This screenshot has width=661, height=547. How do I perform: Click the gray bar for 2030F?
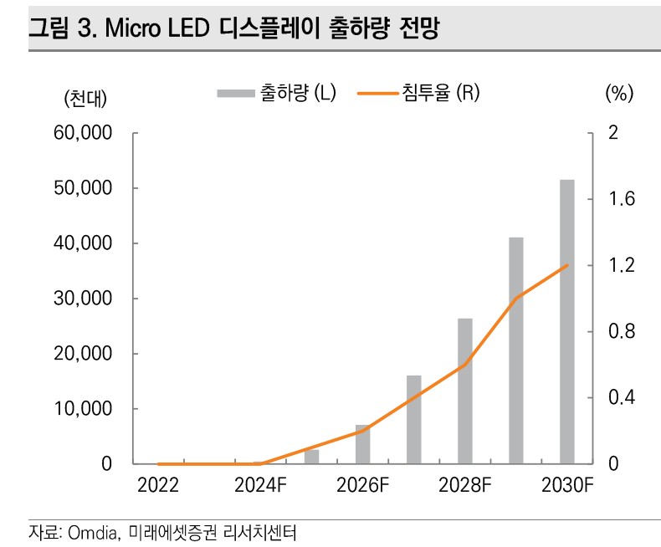click(x=566, y=322)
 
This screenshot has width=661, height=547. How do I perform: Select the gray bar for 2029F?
click(x=516, y=350)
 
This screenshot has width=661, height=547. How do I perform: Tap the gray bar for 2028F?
click(x=465, y=391)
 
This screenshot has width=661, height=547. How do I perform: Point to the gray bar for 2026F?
click(x=362, y=444)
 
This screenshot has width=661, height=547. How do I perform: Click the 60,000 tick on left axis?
click(x=85, y=133)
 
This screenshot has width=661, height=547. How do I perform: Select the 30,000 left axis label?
click(x=85, y=299)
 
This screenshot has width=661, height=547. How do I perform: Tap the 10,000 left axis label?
click(x=85, y=409)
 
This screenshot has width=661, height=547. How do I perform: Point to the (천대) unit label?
click(x=85, y=97)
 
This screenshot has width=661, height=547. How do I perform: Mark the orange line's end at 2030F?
click(x=567, y=265)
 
